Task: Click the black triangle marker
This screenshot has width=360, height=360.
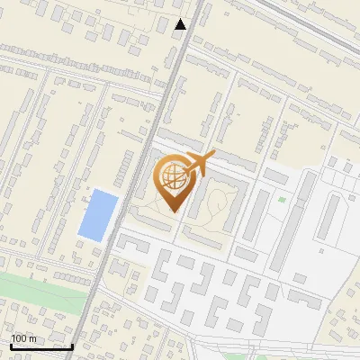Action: point(181,24)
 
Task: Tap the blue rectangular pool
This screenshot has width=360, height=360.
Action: point(98,214)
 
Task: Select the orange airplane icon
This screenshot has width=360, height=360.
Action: point(198,166)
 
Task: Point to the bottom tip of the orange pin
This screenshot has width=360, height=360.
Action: point(173,212)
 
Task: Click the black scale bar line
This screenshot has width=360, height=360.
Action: point(40,346)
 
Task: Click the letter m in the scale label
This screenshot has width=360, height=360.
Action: point(32,338)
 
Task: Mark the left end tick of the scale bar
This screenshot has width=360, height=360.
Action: point(10,344)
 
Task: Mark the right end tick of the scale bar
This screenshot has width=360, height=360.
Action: point(72,344)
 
